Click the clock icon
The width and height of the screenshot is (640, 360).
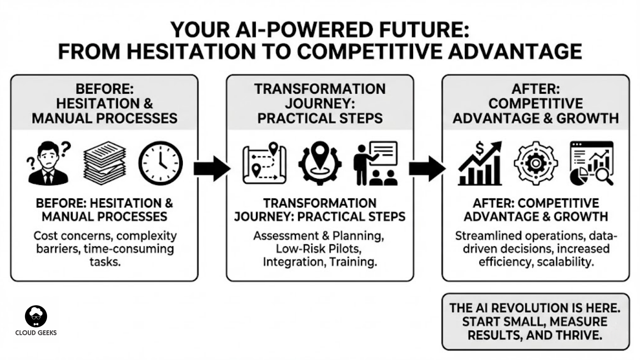point(161,163)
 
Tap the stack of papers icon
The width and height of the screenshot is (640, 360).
point(105,163)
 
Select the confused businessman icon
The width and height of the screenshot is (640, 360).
point(49,163)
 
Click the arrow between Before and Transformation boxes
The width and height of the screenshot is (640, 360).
point(212,168)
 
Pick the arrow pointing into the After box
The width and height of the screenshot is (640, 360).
point(427,168)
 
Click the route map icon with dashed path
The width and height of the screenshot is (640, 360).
point(264,163)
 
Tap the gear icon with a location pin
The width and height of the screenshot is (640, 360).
point(320,163)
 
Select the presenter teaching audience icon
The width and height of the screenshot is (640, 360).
point(376,163)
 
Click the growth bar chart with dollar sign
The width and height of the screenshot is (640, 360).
point(480,163)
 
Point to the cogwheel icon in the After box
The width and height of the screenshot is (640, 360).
point(536,163)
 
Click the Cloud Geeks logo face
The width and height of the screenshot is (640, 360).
point(36,316)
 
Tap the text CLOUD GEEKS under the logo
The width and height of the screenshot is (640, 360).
point(36,333)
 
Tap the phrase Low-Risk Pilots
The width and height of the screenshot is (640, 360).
point(319,249)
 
